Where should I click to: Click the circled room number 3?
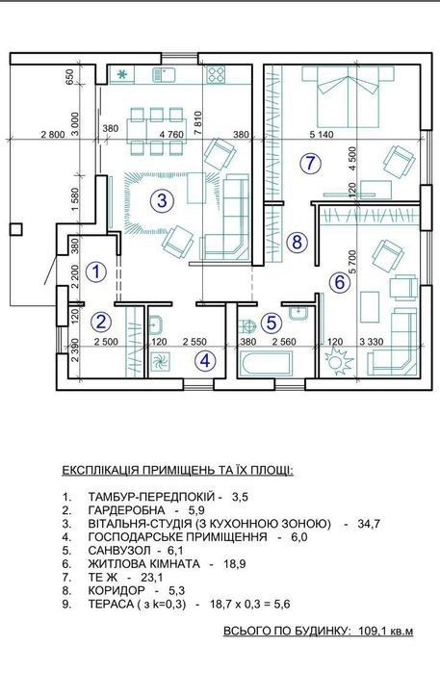pyautogui.click(x=162, y=200)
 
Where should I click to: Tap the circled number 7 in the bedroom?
pyautogui.click(x=310, y=163)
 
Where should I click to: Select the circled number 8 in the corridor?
pyautogui.click(x=298, y=243)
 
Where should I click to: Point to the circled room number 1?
pyautogui.click(x=96, y=272)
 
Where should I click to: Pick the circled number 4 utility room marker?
pyautogui.click(x=206, y=361)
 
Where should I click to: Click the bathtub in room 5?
pyautogui.click(x=267, y=364)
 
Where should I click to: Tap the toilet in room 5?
pyautogui.click(x=246, y=326)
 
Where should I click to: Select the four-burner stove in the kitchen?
pyautogui.click(x=217, y=75)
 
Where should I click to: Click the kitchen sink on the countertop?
pyautogui.click(x=163, y=75)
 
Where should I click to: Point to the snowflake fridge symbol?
pyautogui.click(x=122, y=75)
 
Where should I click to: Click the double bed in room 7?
pyautogui.click(x=349, y=96)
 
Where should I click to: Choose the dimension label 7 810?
pyautogui.click(x=198, y=123)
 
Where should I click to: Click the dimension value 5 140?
pyautogui.click(x=322, y=135)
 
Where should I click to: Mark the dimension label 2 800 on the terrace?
pyautogui.click(x=53, y=135)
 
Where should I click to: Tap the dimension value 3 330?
pyautogui.click(x=372, y=342)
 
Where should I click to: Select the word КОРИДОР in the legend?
pyautogui.click(x=116, y=590)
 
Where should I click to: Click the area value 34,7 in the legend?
pyautogui.click(x=369, y=524)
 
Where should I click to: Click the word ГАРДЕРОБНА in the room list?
pyautogui.click(x=127, y=510)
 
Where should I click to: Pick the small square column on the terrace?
pyautogui.click(x=15, y=229)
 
